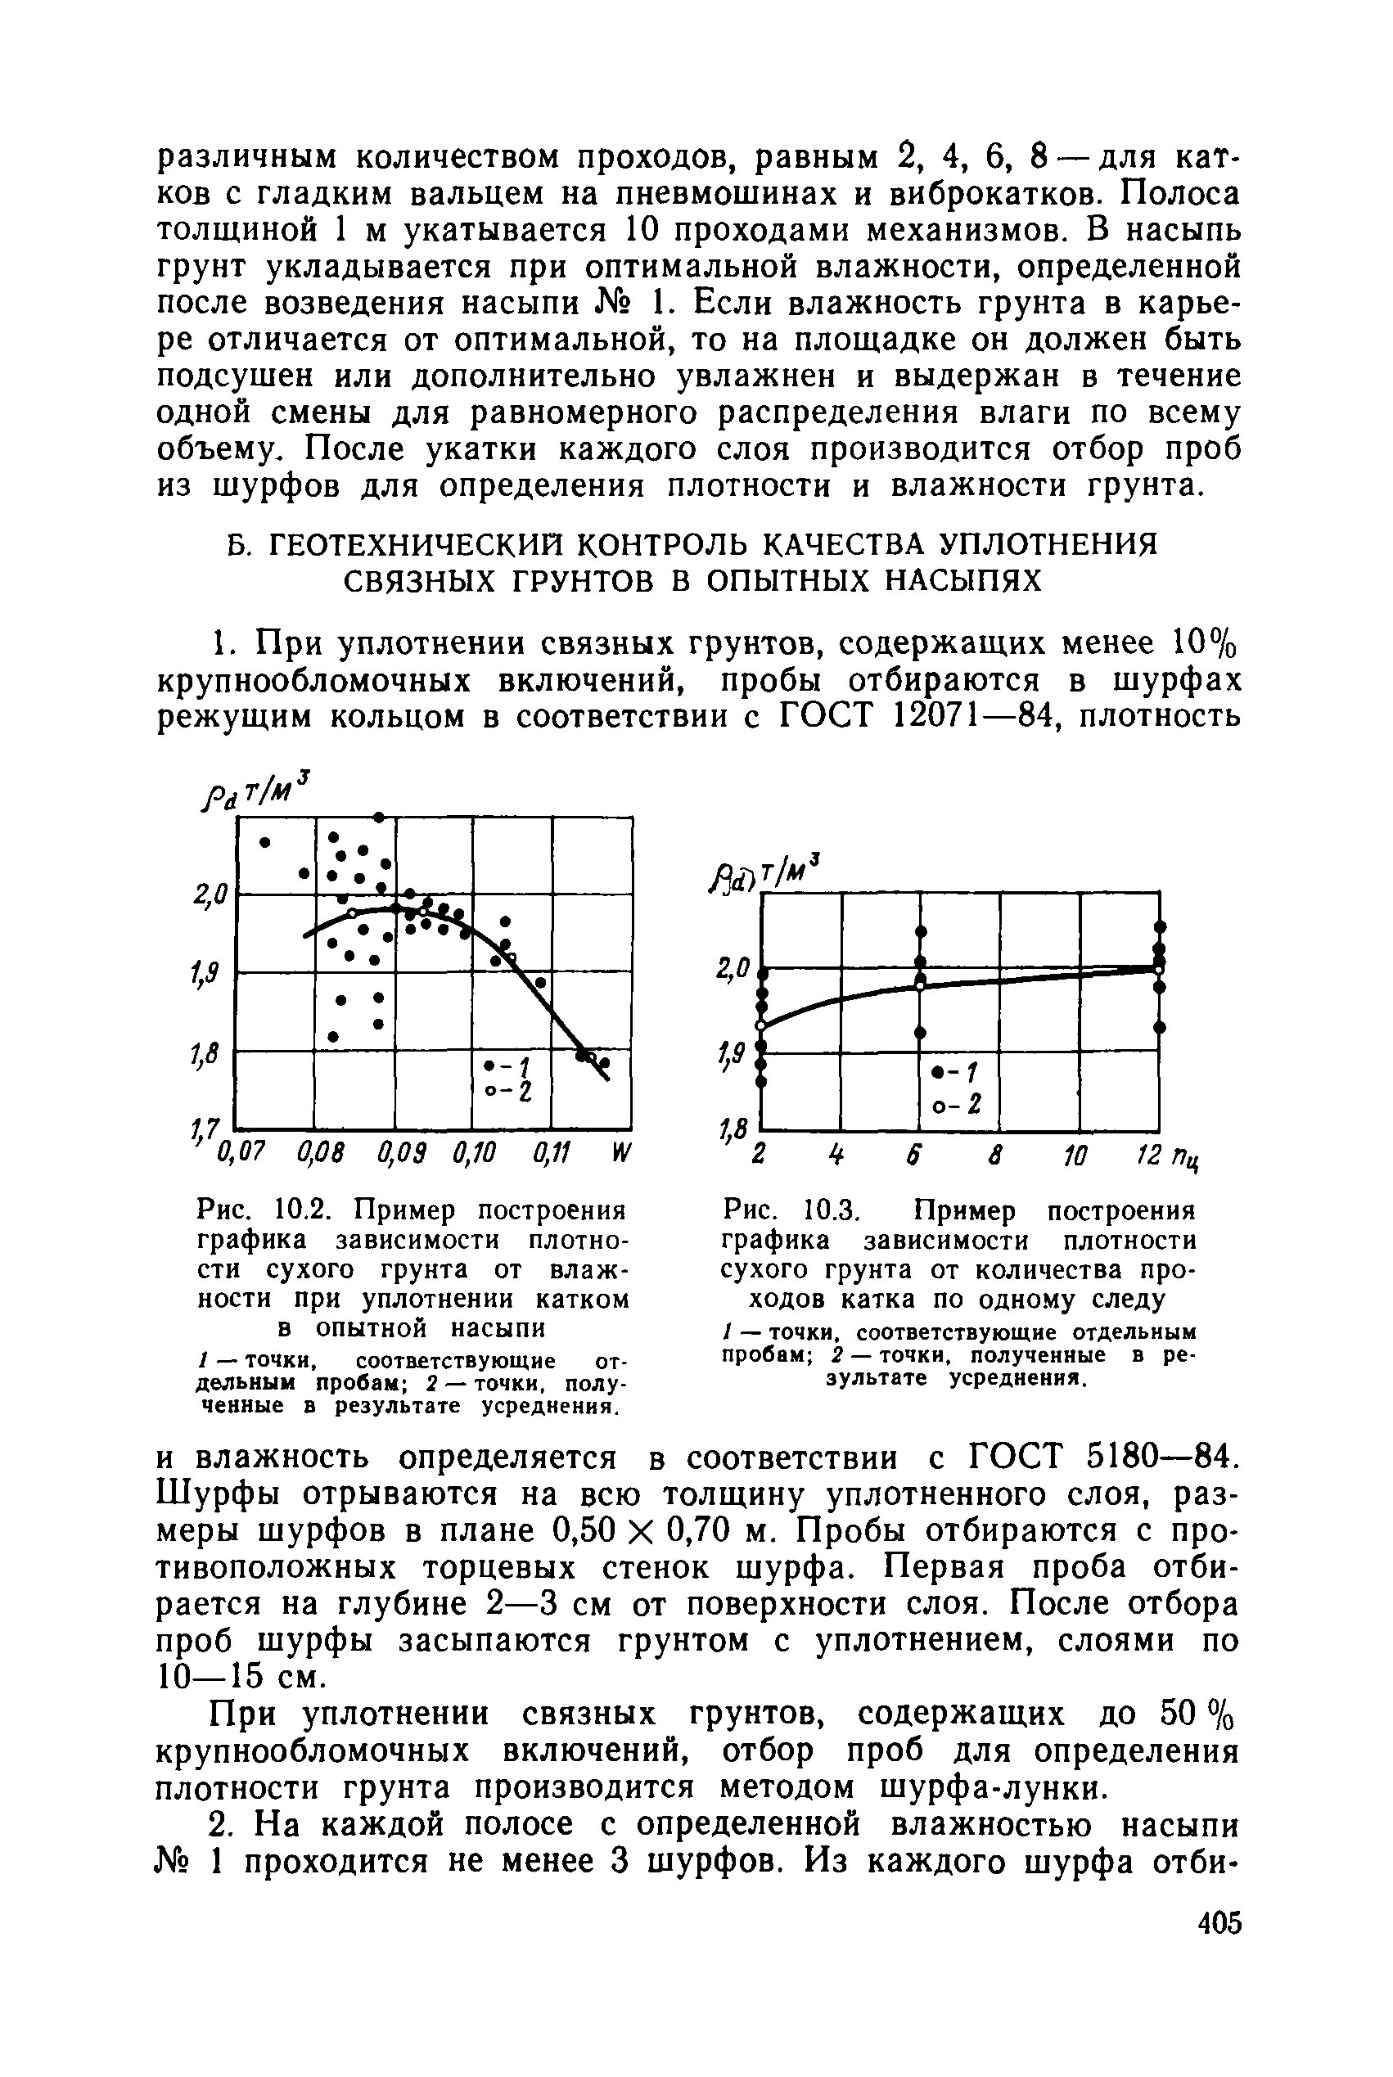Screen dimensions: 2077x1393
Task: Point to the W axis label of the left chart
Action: tap(621, 1155)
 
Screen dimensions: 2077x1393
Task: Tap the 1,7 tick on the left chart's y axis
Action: tap(206, 1132)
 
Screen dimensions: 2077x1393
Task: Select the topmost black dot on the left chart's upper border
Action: tap(378, 816)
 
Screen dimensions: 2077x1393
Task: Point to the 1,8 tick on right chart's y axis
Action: tap(734, 1132)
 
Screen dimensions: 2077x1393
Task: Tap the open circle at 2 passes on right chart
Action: tap(760, 1025)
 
